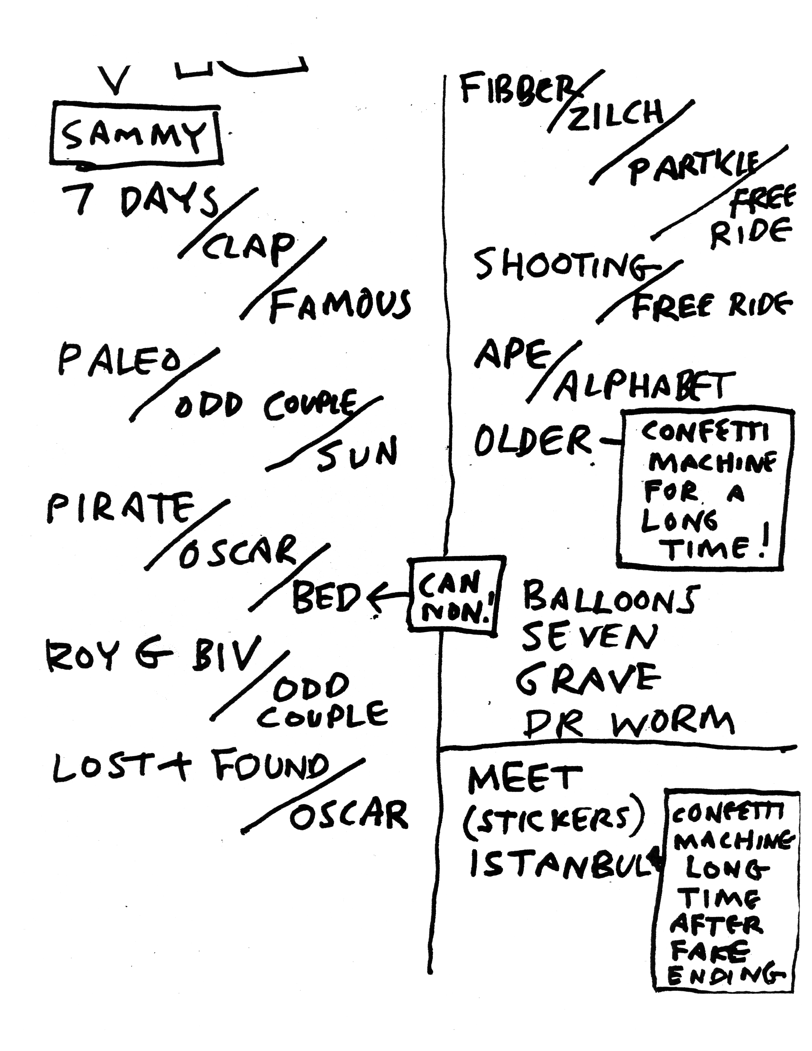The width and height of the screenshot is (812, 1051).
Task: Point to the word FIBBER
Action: click(515, 89)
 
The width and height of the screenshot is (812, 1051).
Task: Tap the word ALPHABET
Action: click(645, 385)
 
